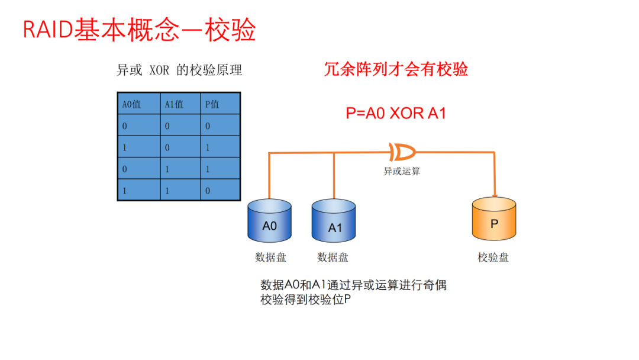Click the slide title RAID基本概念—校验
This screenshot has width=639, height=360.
[x=139, y=30]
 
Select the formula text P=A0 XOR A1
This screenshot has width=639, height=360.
[x=395, y=113]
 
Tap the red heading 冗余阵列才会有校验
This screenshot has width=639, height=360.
[x=396, y=69]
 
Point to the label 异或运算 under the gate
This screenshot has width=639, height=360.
[x=402, y=171]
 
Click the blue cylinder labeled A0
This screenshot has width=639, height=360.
[x=269, y=223]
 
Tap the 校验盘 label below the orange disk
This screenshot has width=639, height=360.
[x=493, y=257]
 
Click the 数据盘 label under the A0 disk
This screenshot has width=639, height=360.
[x=270, y=257]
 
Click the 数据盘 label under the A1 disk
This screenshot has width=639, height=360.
[x=333, y=257]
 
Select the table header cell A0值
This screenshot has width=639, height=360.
[x=138, y=104]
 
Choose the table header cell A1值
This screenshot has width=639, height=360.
[x=180, y=104]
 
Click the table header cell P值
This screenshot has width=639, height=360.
[x=220, y=104]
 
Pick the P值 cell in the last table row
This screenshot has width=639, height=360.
[x=220, y=191]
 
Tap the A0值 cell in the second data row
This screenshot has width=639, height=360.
[x=138, y=147]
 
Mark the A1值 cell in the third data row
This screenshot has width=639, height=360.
[x=180, y=169]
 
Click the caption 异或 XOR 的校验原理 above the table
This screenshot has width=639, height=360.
[x=179, y=70]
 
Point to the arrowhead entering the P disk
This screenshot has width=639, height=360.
[x=494, y=196]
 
